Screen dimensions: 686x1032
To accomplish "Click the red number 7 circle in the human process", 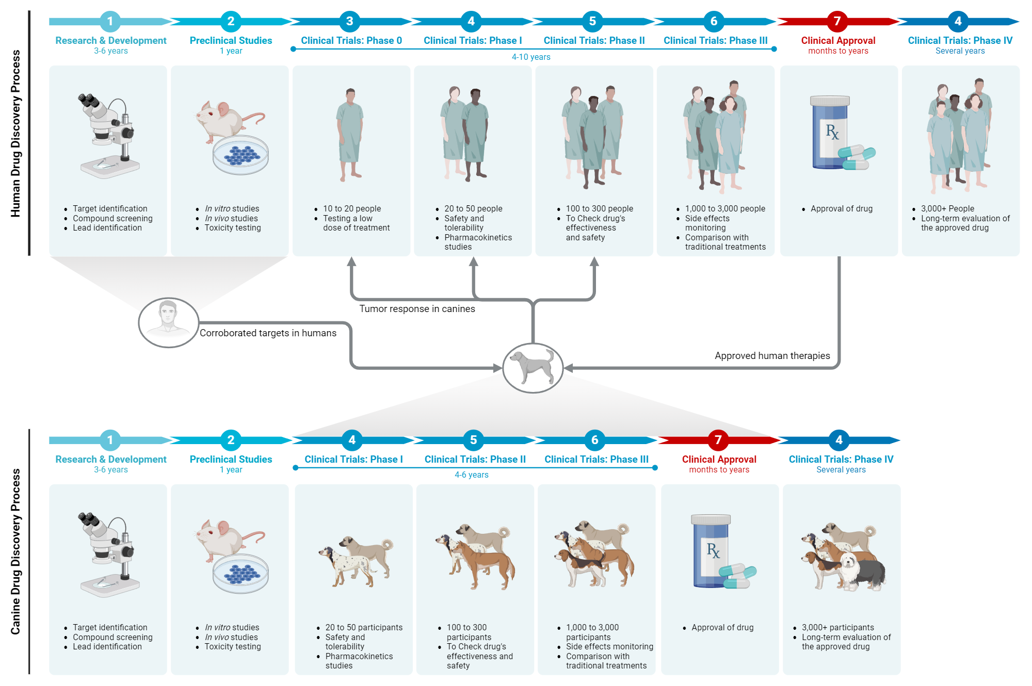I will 837,21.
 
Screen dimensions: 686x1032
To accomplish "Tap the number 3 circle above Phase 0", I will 349,21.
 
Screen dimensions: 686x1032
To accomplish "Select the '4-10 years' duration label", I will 530,57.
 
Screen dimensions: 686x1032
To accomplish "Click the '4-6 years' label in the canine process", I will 471,475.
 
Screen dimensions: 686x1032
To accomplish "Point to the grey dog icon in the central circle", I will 532,367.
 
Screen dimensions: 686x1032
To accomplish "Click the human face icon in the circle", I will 168,321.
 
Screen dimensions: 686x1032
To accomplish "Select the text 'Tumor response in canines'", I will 417,308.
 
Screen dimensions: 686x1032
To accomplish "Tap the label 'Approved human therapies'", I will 772,355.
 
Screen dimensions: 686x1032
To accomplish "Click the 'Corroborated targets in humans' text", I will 268,333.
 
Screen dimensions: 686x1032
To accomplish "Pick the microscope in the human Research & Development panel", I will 108,135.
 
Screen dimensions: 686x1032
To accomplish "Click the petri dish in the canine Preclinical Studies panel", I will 240,574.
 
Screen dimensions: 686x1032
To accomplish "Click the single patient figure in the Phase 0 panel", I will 350,134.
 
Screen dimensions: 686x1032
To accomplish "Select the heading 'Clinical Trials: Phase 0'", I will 351,40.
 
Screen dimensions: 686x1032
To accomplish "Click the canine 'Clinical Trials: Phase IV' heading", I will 841,459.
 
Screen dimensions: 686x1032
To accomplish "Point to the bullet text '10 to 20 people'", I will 352,208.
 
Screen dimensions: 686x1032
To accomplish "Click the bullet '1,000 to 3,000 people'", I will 725,208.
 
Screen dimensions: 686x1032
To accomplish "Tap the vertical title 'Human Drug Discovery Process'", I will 15,133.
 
